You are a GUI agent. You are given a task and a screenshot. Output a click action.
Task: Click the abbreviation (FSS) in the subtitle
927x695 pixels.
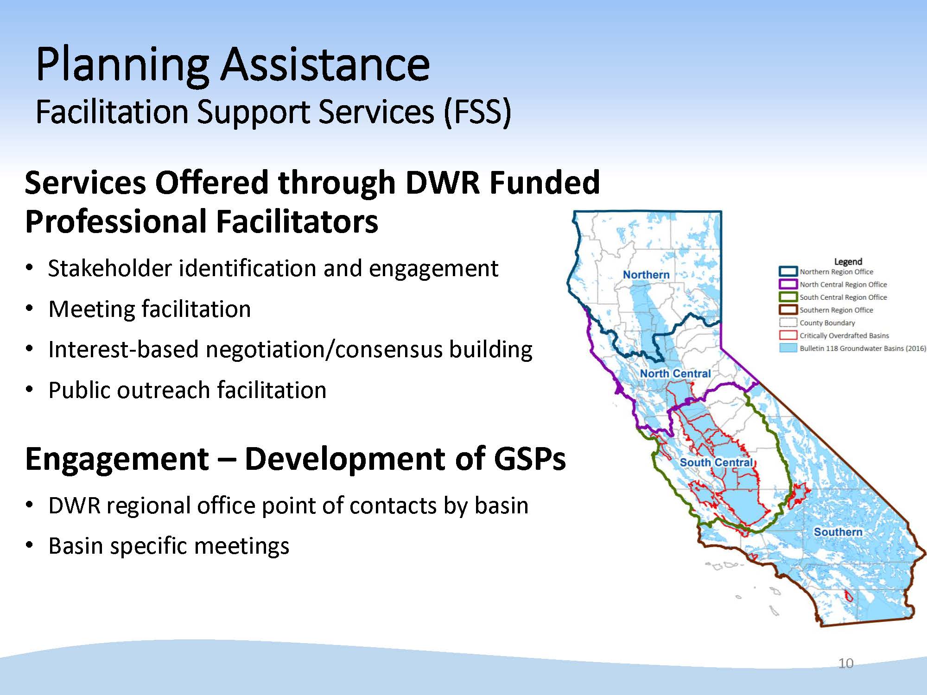(477, 112)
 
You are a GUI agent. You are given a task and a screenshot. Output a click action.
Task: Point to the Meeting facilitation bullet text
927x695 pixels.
(149, 309)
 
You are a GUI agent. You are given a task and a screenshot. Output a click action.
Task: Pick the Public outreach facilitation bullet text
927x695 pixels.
(187, 390)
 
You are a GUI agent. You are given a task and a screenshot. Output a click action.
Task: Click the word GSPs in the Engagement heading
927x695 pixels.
(529, 459)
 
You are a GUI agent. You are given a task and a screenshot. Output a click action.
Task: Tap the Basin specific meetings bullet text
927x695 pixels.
(169, 546)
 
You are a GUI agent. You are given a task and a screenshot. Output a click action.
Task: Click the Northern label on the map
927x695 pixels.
(646, 275)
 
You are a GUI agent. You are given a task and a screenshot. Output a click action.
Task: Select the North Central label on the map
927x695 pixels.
(675, 373)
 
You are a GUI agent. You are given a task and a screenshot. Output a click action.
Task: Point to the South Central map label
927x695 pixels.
(717, 462)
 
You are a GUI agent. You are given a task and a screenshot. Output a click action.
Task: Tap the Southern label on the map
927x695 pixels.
(838, 532)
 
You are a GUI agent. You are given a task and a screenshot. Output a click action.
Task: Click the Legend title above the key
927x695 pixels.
(848, 261)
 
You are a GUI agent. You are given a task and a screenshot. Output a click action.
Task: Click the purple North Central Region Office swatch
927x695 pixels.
(788, 284)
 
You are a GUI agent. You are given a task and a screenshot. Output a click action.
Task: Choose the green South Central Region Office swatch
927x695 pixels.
(788, 297)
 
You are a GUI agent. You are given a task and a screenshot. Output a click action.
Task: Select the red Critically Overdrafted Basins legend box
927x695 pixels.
(788, 335)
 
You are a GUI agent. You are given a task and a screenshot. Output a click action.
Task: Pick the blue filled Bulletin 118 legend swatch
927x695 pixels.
(788, 348)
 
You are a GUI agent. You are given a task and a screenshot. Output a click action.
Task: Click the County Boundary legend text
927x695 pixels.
(827, 323)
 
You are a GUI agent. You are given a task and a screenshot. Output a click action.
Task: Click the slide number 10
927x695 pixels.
(846, 663)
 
